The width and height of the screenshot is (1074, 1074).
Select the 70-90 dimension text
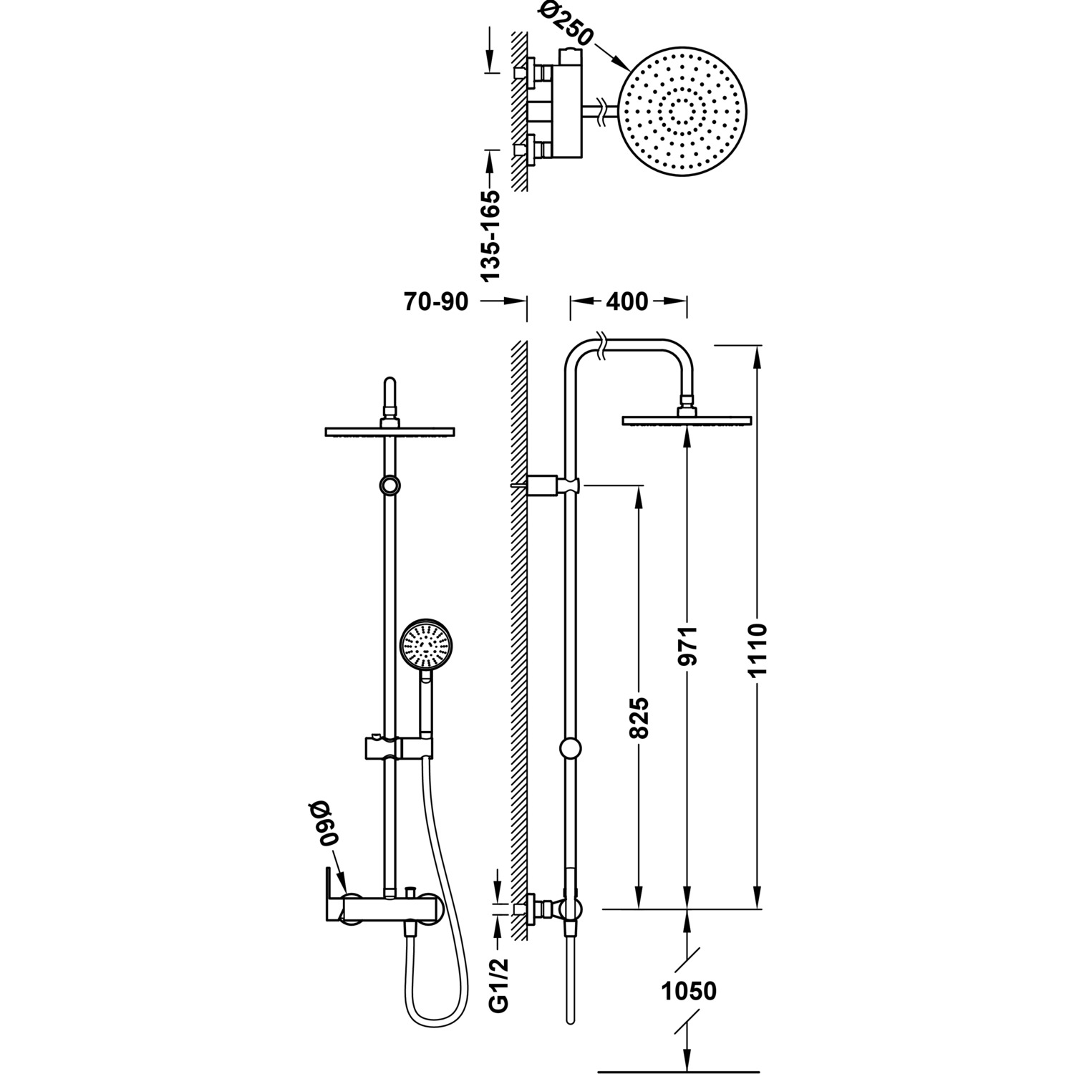click(x=436, y=302)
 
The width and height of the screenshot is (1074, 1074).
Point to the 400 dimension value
click(x=626, y=301)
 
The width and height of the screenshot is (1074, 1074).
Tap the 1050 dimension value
click(x=688, y=991)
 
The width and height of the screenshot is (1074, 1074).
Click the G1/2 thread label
click(x=500, y=987)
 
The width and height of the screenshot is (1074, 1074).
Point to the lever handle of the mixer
click(x=333, y=896)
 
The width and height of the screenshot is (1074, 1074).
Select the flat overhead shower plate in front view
click(x=390, y=432)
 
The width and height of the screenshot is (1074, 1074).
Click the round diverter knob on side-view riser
click(x=570, y=749)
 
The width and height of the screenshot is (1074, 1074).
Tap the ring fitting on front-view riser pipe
click(x=390, y=485)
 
